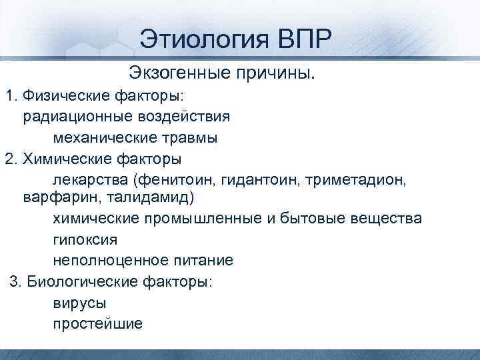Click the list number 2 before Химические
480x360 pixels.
pyautogui.click(x=9, y=159)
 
